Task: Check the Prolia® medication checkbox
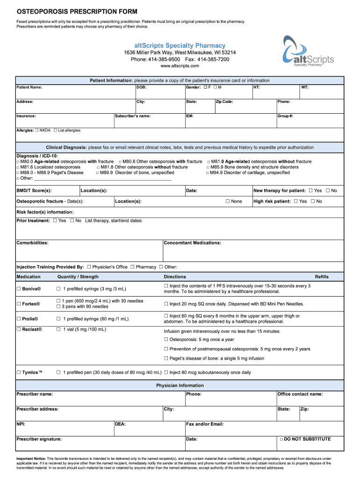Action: (19, 319)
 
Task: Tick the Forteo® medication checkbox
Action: (19, 304)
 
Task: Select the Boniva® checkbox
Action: (19, 289)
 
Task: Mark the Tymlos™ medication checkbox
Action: (19, 372)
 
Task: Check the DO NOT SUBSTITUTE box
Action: (281, 439)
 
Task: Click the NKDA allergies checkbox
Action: (37, 131)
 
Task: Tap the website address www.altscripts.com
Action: (180, 66)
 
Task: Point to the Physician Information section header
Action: (180, 385)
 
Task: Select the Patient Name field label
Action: (29, 87)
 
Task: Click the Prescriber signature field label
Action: (39, 439)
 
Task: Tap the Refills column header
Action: (322, 276)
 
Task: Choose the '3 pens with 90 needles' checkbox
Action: (58, 306)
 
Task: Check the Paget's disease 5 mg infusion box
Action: (166, 358)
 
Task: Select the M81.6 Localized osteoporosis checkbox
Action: (18, 167)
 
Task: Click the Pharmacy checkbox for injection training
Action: (132, 267)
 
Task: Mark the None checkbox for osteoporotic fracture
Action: (228, 201)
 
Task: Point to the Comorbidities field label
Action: (32, 243)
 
